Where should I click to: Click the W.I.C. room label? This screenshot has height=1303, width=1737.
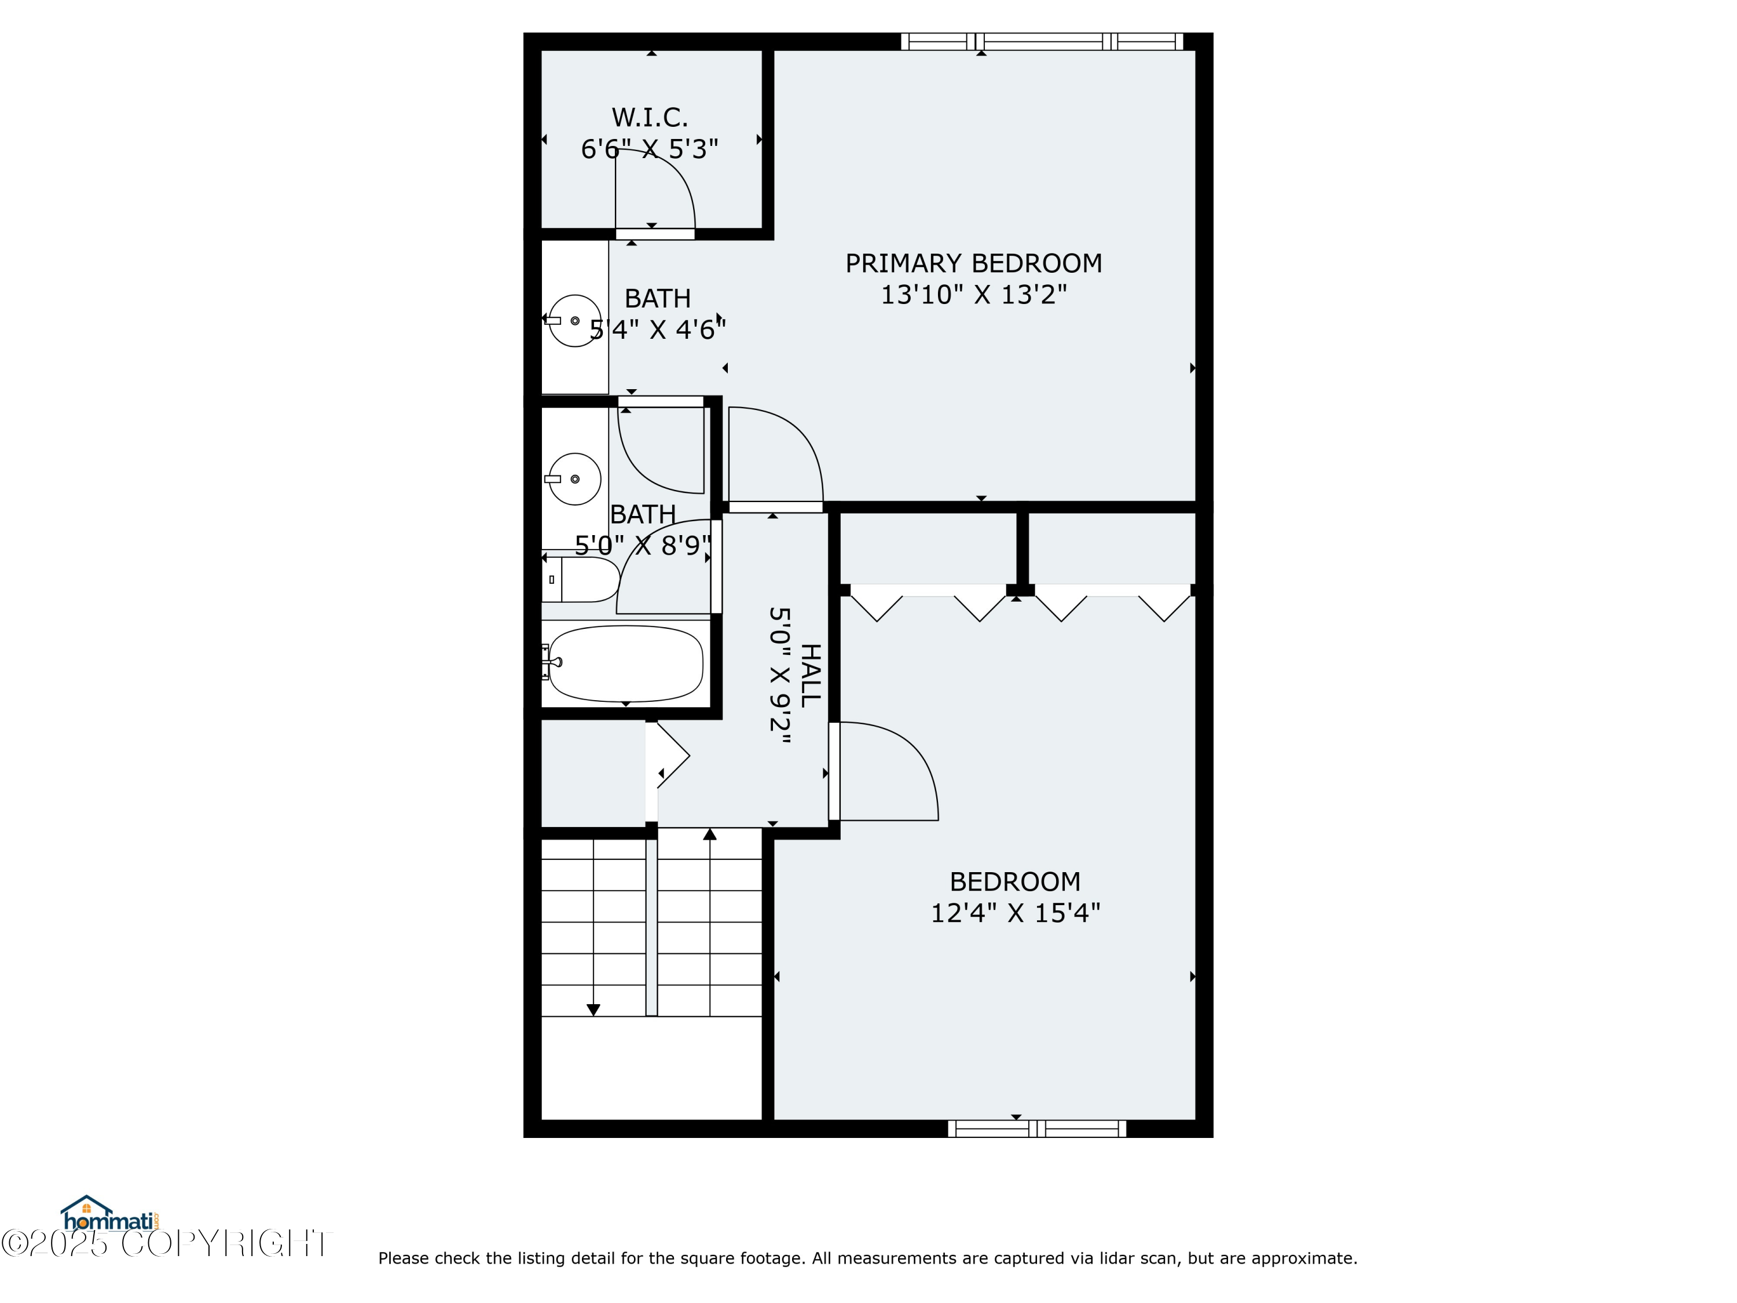click(650, 118)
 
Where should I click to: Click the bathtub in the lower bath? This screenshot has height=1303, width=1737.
click(625, 664)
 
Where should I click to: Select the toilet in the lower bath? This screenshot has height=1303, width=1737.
click(581, 580)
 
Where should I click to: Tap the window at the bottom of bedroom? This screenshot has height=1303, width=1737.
click(1036, 1129)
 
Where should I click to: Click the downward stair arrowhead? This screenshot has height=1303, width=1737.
click(593, 1010)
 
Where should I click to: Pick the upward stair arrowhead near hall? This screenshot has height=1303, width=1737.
click(710, 834)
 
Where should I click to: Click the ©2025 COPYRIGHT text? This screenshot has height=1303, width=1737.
click(167, 1244)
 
